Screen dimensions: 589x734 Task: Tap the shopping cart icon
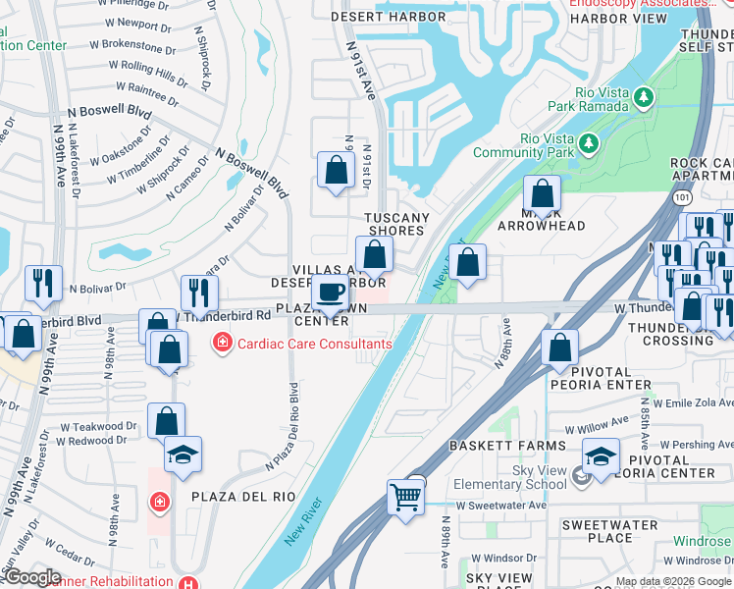(x=405, y=497)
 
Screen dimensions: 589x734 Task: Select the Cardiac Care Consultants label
(x=303, y=344)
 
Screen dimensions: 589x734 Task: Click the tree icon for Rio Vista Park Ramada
(x=643, y=97)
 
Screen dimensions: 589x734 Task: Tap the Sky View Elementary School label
(x=510, y=477)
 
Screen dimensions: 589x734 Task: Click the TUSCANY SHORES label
(x=396, y=224)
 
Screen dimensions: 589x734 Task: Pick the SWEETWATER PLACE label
(x=610, y=531)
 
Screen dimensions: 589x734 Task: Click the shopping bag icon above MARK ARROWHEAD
(x=541, y=193)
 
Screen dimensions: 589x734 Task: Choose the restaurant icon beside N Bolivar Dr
(x=43, y=283)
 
